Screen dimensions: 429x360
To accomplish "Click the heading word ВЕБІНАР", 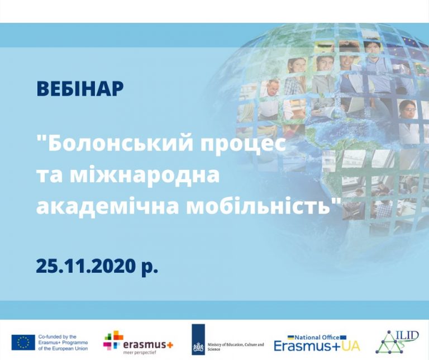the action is [80, 88].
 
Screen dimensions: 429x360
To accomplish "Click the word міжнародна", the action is [145, 175].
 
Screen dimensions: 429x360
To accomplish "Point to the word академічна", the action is [108, 207].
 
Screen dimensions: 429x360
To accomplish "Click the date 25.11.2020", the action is [86, 266].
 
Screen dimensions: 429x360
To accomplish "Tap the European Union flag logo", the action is [23, 342].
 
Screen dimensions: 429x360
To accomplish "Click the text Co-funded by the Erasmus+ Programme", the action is [63, 339].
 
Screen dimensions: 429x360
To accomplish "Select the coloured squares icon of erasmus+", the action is [112, 340].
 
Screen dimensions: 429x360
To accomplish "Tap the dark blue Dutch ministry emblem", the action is [198, 339].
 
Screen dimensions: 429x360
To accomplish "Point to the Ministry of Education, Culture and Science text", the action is [236, 347].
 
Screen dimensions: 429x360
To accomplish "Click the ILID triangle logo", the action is [396, 342].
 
